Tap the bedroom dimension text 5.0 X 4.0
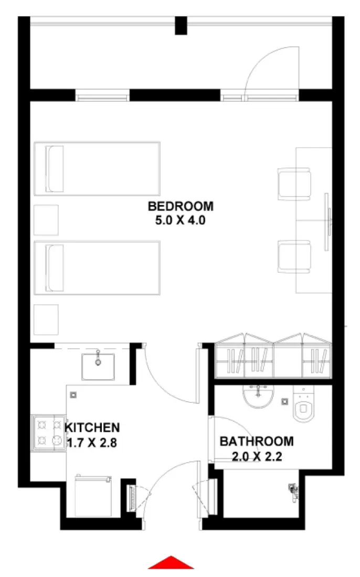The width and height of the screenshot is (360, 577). pyautogui.click(x=181, y=220)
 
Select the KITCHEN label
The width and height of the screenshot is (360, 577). pyautogui.click(x=93, y=428)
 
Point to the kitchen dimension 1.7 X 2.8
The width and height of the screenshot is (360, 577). pyautogui.click(x=92, y=443)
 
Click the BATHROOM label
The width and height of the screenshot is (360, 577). pyautogui.click(x=257, y=441)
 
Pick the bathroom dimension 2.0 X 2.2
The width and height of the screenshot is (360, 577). pyautogui.click(x=257, y=456)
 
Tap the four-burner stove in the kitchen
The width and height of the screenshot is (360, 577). pyautogui.click(x=48, y=432)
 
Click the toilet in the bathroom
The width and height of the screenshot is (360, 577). pyautogui.click(x=303, y=407)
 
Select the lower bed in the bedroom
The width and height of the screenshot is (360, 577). pyautogui.click(x=97, y=268)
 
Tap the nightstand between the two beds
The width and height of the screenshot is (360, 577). pyautogui.click(x=46, y=220)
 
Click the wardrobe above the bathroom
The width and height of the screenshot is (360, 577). pyautogui.click(x=273, y=357)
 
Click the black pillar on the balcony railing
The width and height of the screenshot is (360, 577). pyautogui.click(x=181, y=26)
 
